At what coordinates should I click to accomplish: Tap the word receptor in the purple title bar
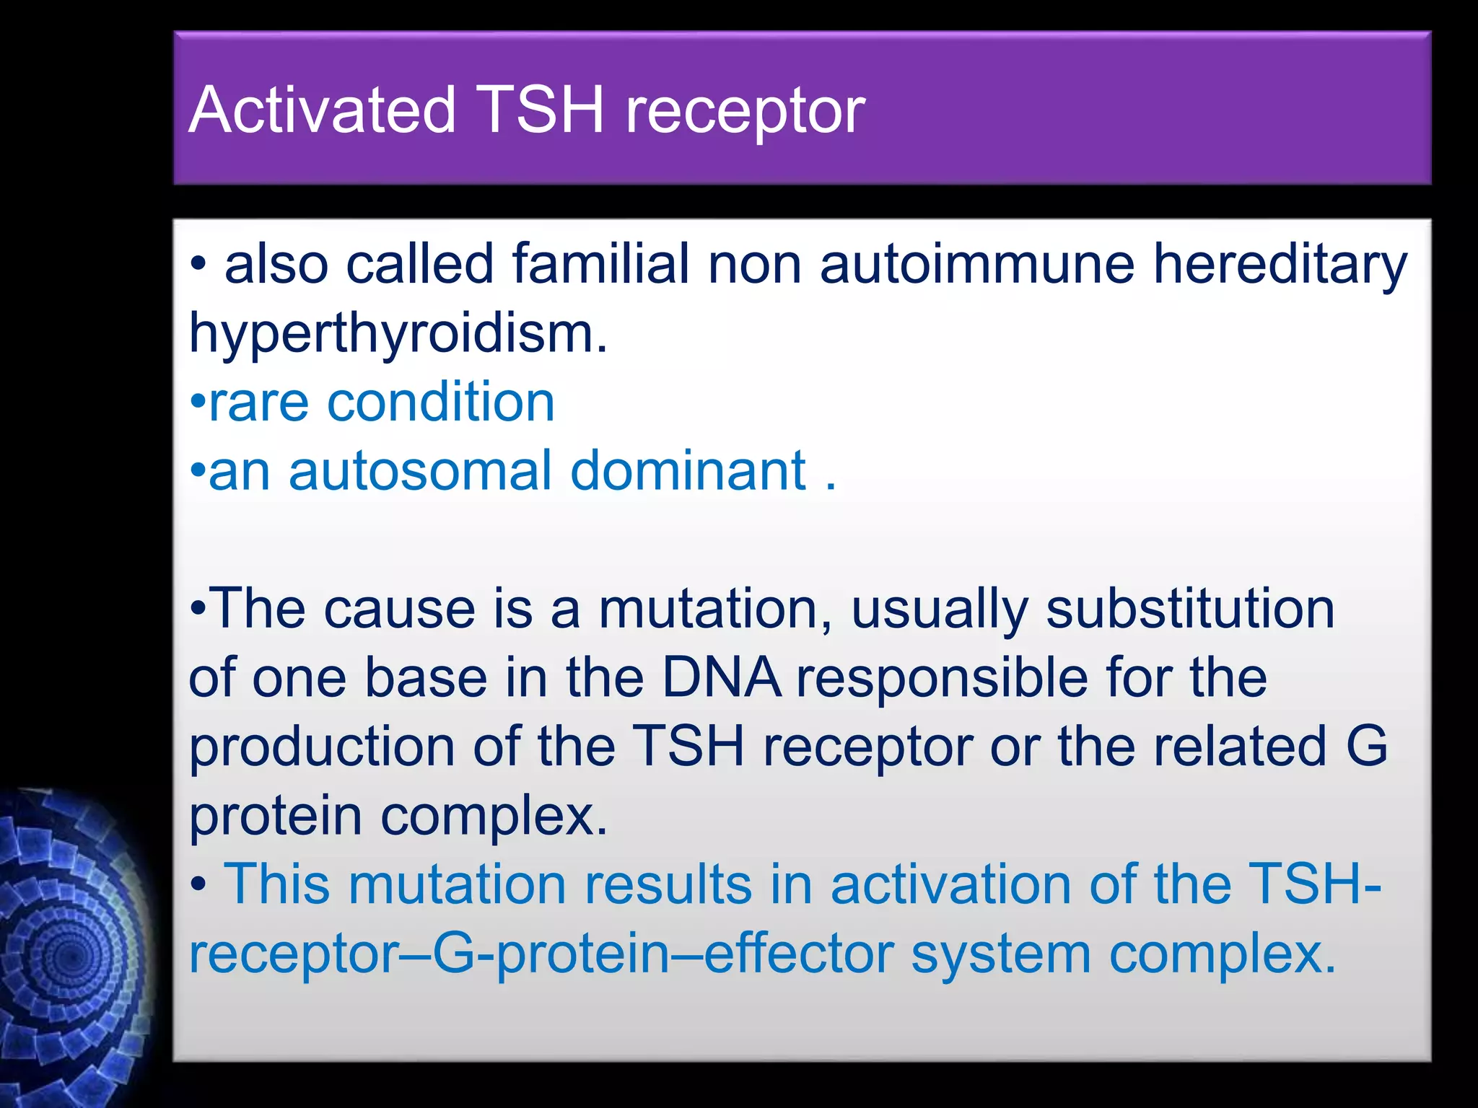(745, 112)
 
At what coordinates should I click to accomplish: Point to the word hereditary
(1280, 265)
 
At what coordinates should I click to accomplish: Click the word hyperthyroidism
(398, 334)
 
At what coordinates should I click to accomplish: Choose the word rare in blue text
(258, 403)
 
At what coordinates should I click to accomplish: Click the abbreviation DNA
(721, 678)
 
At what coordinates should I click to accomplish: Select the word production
(322, 747)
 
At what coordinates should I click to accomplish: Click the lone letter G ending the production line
(1367, 746)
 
